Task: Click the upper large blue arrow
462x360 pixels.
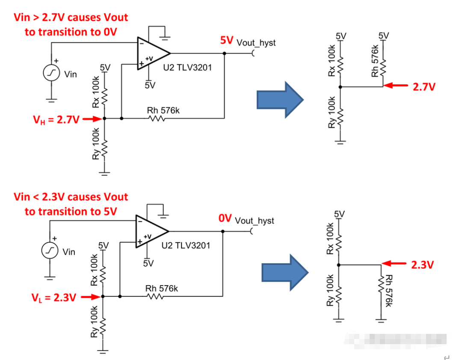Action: (x=279, y=100)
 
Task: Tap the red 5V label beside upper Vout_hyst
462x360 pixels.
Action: (x=226, y=41)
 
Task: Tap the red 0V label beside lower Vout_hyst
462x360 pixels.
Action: (x=225, y=218)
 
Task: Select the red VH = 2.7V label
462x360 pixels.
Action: (x=56, y=119)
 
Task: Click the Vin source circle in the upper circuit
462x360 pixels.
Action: (x=52, y=74)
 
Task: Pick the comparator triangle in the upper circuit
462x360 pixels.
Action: (x=152, y=53)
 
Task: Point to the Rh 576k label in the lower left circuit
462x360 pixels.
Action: (x=161, y=288)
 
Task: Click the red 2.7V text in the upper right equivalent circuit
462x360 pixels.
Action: (x=424, y=87)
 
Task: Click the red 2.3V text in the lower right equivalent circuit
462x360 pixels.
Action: (x=422, y=265)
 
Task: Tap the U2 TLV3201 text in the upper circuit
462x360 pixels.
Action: (x=187, y=68)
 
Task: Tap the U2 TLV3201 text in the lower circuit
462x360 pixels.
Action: (x=186, y=246)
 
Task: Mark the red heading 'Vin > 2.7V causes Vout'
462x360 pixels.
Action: (x=71, y=18)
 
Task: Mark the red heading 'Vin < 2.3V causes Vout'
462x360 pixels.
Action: (x=71, y=197)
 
